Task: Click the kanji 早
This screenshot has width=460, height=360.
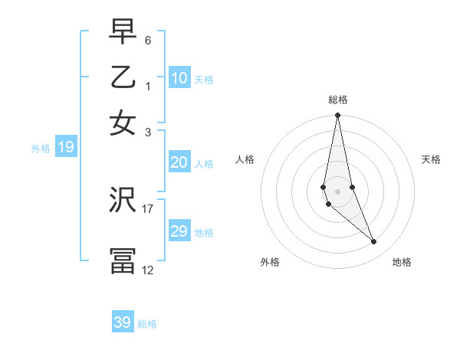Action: (123, 32)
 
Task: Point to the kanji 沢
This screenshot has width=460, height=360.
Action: (123, 201)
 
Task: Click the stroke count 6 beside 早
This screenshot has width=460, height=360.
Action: (148, 40)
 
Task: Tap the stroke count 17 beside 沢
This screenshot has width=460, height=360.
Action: (148, 208)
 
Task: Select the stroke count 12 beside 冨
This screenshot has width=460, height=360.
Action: (148, 270)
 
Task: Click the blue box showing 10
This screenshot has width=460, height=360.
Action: (179, 78)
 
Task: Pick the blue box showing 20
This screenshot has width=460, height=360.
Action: (179, 162)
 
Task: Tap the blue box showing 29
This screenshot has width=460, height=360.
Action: (179, 231)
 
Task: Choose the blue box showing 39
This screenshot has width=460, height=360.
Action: (123, 322)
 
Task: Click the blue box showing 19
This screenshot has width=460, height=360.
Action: (66, 148)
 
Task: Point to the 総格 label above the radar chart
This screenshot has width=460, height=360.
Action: (338, 100)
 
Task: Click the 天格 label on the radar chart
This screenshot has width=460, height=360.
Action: (431, 159)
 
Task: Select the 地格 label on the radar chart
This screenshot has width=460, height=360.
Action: (402, 262)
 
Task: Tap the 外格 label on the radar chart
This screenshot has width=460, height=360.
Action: (270, 262)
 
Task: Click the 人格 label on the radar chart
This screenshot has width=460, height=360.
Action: (245, 159)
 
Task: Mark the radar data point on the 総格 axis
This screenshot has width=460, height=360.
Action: (337, 116)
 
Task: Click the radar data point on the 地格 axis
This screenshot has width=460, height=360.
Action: (374, 242)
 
